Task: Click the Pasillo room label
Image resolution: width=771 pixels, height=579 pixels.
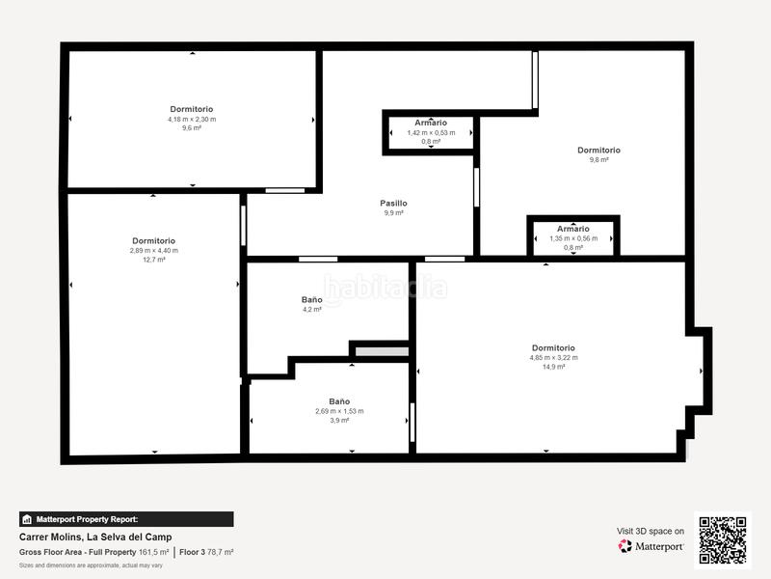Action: [x=393, y=204]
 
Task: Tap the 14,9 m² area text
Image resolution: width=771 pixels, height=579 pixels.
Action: [x=553, y=367]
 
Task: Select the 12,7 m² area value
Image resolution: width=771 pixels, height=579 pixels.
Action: [x=154, y=260]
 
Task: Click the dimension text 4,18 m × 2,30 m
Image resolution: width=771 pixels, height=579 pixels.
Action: [x=192, y=119]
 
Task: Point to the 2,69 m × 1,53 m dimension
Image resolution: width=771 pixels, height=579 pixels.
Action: [x=339, y=411]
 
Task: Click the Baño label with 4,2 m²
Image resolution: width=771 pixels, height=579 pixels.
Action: [x=311, y=300]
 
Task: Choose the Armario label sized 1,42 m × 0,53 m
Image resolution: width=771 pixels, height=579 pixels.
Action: [x=431, y=123]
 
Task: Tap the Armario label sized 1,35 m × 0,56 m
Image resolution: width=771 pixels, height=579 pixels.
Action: [x=573, y=229]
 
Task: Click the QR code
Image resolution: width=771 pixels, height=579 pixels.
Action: [x=724, y=538]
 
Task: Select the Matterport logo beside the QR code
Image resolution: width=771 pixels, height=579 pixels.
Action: [x=651, y=546]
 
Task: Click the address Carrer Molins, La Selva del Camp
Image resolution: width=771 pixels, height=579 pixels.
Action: [x=95, y=538]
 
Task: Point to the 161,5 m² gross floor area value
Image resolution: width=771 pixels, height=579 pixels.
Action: [x=154, y=552]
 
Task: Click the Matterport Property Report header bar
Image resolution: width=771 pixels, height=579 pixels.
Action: [x=126, y=519]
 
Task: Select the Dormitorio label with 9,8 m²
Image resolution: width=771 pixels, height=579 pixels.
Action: [x=598, y=151]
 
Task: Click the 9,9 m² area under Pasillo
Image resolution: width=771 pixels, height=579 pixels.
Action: [x=393, y=213]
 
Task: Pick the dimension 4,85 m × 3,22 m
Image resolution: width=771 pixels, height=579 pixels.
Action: [x=553, y=357]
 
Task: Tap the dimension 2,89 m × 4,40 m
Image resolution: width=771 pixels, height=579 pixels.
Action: [x=154, y=250]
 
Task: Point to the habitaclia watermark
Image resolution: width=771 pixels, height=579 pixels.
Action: [x=385, y=287]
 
